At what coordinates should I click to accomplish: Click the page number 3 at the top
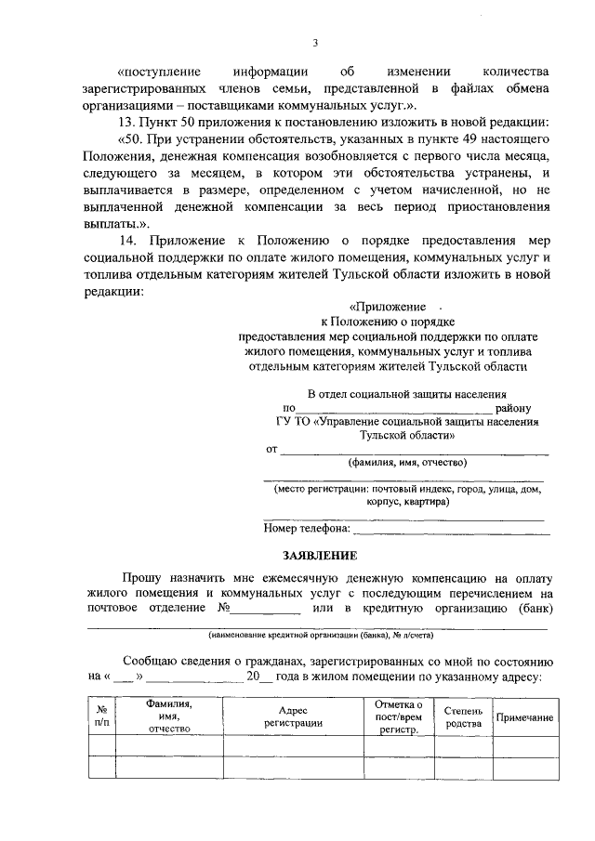(x=315, y=43)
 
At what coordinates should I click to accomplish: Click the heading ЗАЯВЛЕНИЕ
(x=321, y=555)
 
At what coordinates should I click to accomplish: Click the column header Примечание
(x=525, y=717)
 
